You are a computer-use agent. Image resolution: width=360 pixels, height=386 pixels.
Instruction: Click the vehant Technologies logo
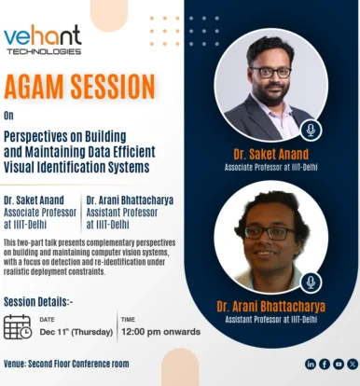pos(43,40)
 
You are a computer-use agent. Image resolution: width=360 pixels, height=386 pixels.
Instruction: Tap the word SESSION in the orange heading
pos(113,87)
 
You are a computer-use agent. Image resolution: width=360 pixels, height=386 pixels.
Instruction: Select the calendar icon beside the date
pos(18,327)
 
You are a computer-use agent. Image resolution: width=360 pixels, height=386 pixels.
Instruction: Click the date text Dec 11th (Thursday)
pos(76,332)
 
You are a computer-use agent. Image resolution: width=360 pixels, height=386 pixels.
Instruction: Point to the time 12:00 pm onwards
pos(160,332)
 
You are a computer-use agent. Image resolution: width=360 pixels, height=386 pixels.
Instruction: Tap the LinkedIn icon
pos(311,364)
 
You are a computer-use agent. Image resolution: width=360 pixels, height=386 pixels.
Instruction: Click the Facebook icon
pos(325,364)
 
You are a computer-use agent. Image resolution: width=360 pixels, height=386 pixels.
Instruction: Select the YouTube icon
pos(339,364)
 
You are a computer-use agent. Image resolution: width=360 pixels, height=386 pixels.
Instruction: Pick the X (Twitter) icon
pos(353,364)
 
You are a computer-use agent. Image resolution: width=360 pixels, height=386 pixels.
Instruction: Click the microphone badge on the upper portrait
pos(311,131)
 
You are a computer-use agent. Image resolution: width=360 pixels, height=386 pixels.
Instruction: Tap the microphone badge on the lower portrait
pos(311,283)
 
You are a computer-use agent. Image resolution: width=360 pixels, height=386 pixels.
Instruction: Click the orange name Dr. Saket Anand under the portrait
pos(271,154)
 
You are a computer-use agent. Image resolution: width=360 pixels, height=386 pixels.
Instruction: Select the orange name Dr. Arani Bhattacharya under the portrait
pos(271,307)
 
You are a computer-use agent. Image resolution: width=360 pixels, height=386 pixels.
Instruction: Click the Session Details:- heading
pos(38,302)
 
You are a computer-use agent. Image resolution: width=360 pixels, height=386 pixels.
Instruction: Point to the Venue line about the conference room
pos(66,364)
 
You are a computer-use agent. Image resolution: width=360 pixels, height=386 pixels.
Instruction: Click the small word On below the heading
pos(8,116)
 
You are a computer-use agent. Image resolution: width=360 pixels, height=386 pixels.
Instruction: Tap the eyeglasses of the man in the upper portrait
pos(270,73)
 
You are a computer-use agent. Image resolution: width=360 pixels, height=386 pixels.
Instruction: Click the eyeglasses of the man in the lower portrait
pos(269,233)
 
